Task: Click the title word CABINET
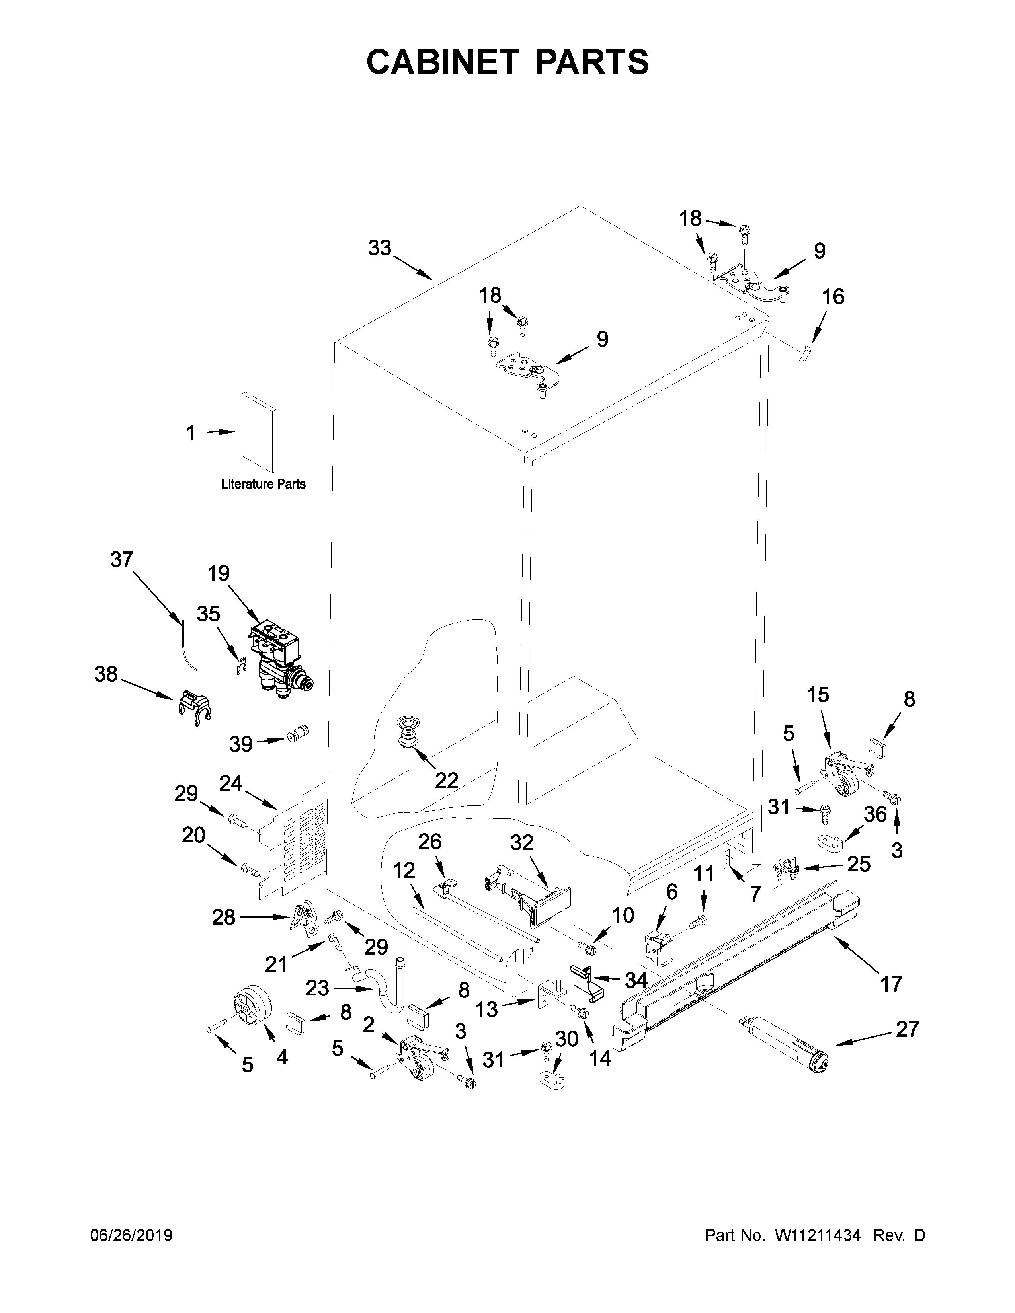coord(443,62)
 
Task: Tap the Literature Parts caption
coord(264,484)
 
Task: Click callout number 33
coord(379,248)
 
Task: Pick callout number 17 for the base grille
coord(891,984)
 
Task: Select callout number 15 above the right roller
coord(818,695)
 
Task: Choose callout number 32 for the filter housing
coord(521,843)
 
